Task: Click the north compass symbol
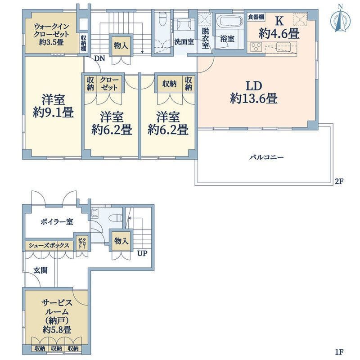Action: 340,19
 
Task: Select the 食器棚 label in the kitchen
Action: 256,17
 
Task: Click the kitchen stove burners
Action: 256,47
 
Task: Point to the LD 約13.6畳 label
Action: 254,92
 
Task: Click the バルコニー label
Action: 267,157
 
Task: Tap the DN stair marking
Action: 99,59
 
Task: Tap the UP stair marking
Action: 142,253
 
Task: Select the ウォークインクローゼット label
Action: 51,34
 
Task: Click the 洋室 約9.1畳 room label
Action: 53,106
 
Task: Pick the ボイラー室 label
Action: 57,222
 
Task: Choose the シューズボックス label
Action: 49,245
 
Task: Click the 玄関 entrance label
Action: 40,270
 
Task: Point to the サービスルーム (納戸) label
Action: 57,316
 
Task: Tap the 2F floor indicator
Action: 339,181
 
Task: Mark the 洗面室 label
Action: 184,42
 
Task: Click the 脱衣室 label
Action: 205,38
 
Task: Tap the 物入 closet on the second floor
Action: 121,45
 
